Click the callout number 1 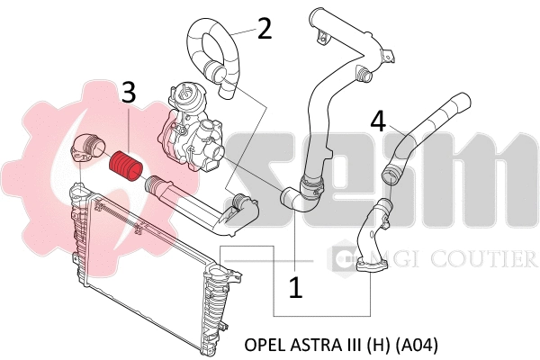(295, 287)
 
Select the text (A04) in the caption (418, 345)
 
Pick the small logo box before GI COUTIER (343, 259)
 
